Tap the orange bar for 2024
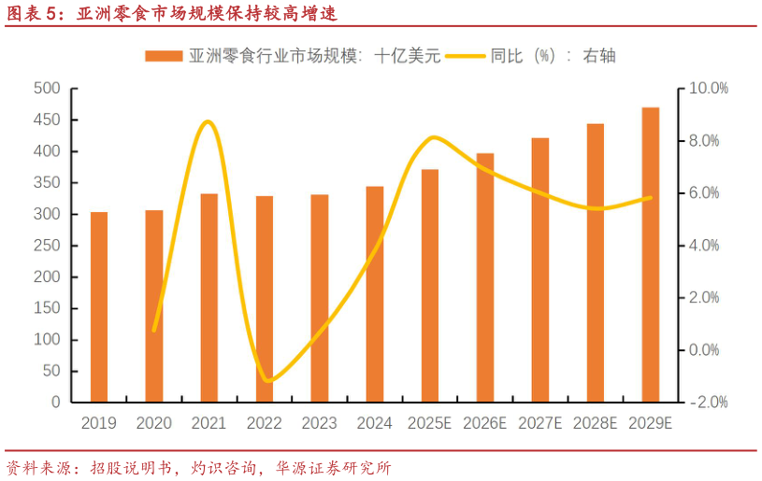tap(375, 293)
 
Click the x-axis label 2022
tap(265, 423)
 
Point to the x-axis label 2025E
tap(430, 423)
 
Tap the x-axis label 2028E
tap(596, 423)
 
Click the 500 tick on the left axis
tap(47, 89)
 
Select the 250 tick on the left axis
tap(47, 246)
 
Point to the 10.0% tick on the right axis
tap(708, 89)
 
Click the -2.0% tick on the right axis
tap(708, 403)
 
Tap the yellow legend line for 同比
tap(466, 56)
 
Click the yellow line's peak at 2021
tap(208, 121)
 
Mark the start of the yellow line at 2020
tap(154, 330)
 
